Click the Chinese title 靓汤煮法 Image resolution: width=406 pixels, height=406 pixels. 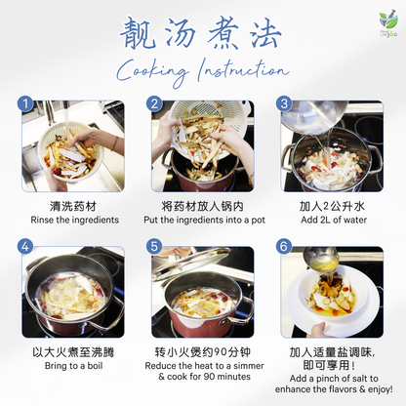[x=202, y=33]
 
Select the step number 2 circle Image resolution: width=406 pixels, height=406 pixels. [x=155, y=103]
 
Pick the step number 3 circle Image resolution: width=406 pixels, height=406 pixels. [x=284, y=103]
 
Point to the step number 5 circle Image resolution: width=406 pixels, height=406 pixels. [x=155, y=248]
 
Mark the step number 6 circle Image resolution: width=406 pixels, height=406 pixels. [x=284, y=248]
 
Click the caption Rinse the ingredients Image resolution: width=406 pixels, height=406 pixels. [x=73, y=221]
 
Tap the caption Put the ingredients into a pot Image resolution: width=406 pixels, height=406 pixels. [x=202, y=221]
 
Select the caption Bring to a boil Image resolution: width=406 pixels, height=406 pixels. [x=73, y=366]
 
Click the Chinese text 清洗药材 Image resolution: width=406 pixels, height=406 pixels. [x=73, y=207]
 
